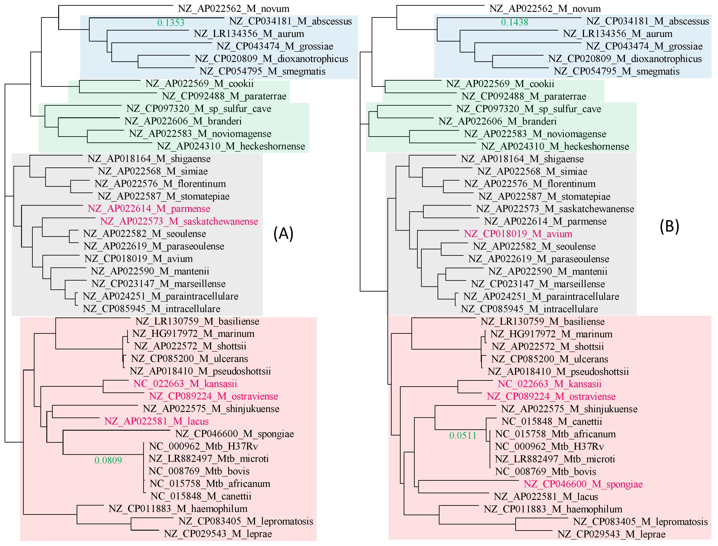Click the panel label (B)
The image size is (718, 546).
point(669,226)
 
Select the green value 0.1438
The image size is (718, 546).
point(515,22)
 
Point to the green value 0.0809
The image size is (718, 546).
point(108,460)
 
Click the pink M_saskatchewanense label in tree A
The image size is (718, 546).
point(179,221)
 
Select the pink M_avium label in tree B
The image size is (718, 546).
point(518,234)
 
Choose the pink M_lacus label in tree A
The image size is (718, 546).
point(156,421)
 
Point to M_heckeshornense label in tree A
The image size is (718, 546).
point(231,146)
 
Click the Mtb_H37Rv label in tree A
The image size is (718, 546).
point(203,446)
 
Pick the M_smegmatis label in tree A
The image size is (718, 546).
point(262,71)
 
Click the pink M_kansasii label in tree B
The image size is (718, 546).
point(549,384)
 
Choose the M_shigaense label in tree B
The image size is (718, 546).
point(522,159)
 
